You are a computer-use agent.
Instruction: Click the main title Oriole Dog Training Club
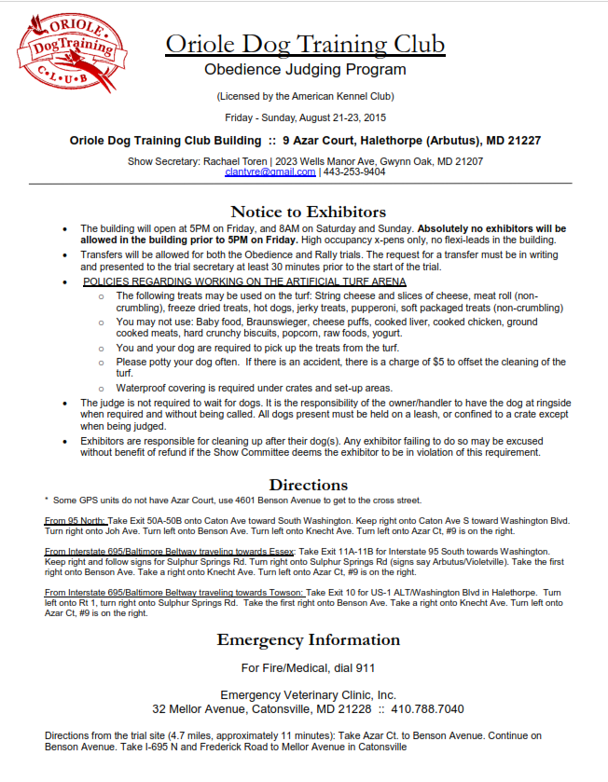click(305, 44)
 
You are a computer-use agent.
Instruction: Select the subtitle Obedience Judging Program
click(305, 70)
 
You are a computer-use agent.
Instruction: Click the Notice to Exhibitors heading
click(308, 212)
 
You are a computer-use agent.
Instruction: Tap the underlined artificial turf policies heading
click(244, 281)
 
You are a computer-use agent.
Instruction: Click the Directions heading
click(308, 485)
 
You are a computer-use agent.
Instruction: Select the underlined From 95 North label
click(76, 520)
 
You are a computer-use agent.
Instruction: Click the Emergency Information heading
click(308, 640)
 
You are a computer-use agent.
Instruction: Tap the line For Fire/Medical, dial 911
click(308, 668)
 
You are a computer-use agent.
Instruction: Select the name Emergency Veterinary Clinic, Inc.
click(308, 695)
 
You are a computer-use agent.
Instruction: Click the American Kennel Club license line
click(305, 96)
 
